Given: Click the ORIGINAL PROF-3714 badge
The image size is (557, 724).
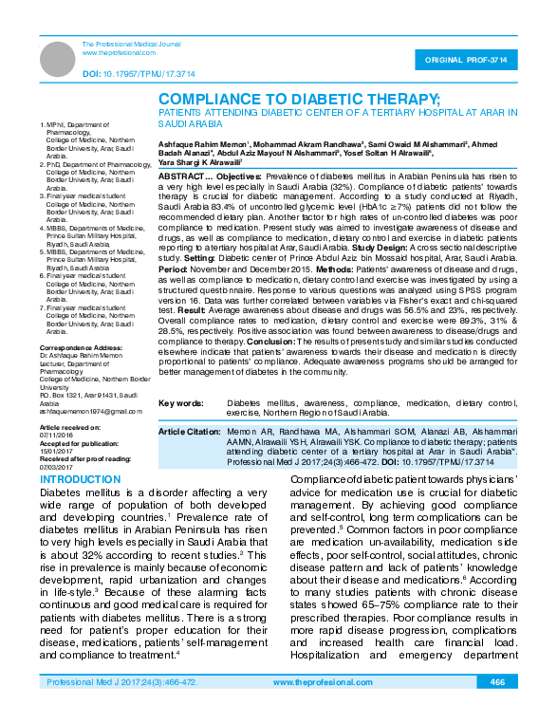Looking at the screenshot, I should [472, 60].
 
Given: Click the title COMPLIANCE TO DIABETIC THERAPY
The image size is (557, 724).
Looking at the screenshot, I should [299, 99].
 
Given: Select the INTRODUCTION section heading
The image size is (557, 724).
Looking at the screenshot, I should [85, 479].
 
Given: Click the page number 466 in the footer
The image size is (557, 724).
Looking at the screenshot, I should [497, 709].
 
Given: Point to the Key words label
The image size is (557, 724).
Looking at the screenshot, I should [181, 403].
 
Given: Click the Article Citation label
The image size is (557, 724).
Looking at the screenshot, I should [190, 431].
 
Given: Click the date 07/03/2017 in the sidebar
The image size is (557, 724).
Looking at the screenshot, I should [56, 467].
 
